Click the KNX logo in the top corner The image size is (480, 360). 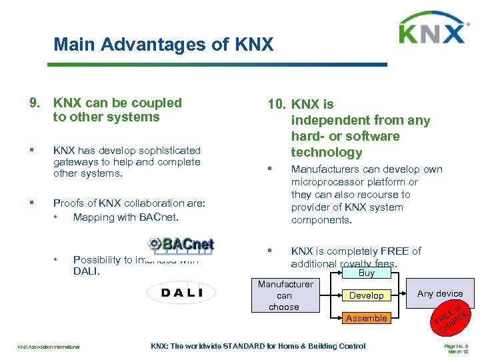point(431,31)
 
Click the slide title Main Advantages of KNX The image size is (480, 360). point(163,45)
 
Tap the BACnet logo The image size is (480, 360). point(181,244)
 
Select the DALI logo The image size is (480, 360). point(181,292)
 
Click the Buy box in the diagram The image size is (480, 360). point(367,273)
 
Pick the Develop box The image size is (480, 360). point(367,295)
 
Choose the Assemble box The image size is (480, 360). point(367,318)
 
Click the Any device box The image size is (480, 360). point(440,293)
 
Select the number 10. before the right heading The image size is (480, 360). point(277,105)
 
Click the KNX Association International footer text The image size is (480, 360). point(49,347)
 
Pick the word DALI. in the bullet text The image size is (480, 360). point(86,271)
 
